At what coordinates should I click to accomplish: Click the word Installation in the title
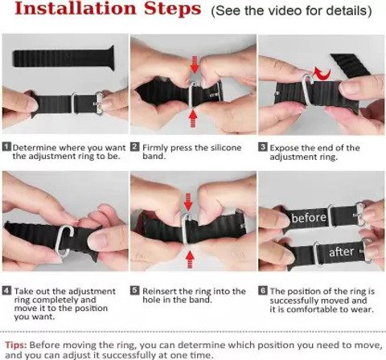[x=76, y=9]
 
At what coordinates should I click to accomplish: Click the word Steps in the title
[x=173, y=9]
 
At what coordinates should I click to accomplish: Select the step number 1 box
[x=7, y=147]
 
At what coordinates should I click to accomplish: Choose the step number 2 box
[x=135, y=147]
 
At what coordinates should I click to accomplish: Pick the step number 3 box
[x=263, y=147]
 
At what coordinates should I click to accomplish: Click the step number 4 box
[x=7, y=291]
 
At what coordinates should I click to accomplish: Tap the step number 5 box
[x=135, y=291]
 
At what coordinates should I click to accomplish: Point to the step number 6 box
[x=263, y=291]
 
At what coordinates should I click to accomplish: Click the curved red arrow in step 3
[x=322, y=73]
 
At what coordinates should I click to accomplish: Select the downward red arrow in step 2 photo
[x=195, y=64]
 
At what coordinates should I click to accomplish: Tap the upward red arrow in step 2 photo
[x=193, y=119]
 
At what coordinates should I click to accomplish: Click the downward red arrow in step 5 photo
[x=188, y=202]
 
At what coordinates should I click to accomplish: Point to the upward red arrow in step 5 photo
[x=190, y=260]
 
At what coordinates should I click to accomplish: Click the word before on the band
[x=309, y=218]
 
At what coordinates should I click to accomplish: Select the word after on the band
[x=341, y=252]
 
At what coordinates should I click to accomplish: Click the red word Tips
[x=16, y=345]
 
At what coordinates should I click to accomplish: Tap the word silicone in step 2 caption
[x=226, y=148]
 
